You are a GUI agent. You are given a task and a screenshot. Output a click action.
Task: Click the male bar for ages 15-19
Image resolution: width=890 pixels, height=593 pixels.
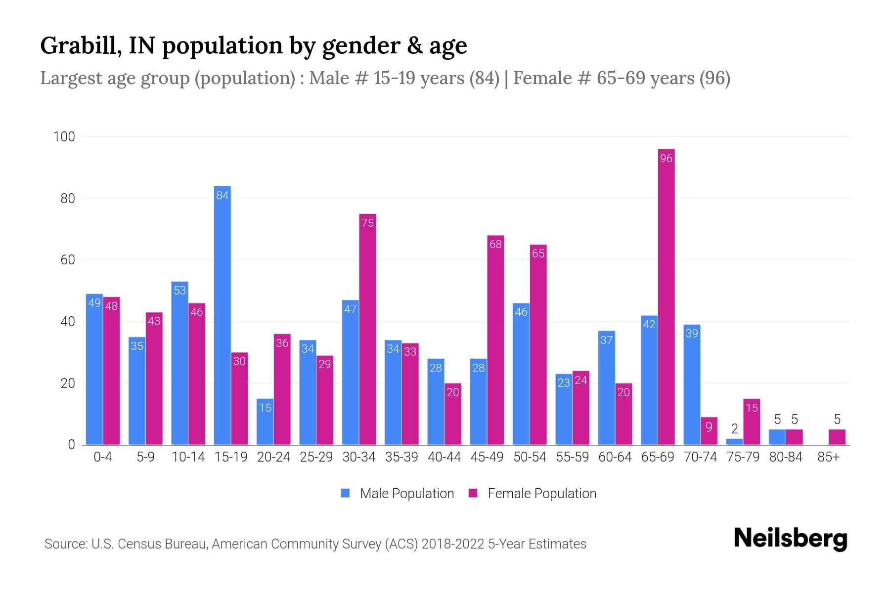pos(222,316)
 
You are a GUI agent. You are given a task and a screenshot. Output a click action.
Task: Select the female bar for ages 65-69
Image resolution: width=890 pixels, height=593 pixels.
pos(666,296)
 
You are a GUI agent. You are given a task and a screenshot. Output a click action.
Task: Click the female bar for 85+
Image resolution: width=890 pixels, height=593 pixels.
pos(837,437)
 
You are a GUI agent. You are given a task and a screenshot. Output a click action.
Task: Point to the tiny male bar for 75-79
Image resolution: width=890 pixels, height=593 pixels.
pos(734,441)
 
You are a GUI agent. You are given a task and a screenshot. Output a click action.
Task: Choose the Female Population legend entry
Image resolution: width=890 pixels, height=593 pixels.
pos(533,493)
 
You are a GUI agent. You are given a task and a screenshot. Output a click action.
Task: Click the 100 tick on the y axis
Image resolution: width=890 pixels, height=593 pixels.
pos(64,137)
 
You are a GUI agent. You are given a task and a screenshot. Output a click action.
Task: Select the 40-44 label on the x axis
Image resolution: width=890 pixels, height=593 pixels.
pos(444,457)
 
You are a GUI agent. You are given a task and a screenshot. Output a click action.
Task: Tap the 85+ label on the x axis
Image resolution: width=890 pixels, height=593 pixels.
pos(828,457)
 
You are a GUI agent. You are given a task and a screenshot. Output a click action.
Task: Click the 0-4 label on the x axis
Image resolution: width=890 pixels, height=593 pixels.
pos(103,457)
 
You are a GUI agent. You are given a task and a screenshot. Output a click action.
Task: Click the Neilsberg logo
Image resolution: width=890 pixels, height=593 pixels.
pos(790,539)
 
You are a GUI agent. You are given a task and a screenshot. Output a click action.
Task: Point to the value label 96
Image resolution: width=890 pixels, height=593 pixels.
pos(666,158)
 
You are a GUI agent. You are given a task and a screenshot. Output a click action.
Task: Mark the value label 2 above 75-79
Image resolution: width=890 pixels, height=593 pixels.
pos(734,429)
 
